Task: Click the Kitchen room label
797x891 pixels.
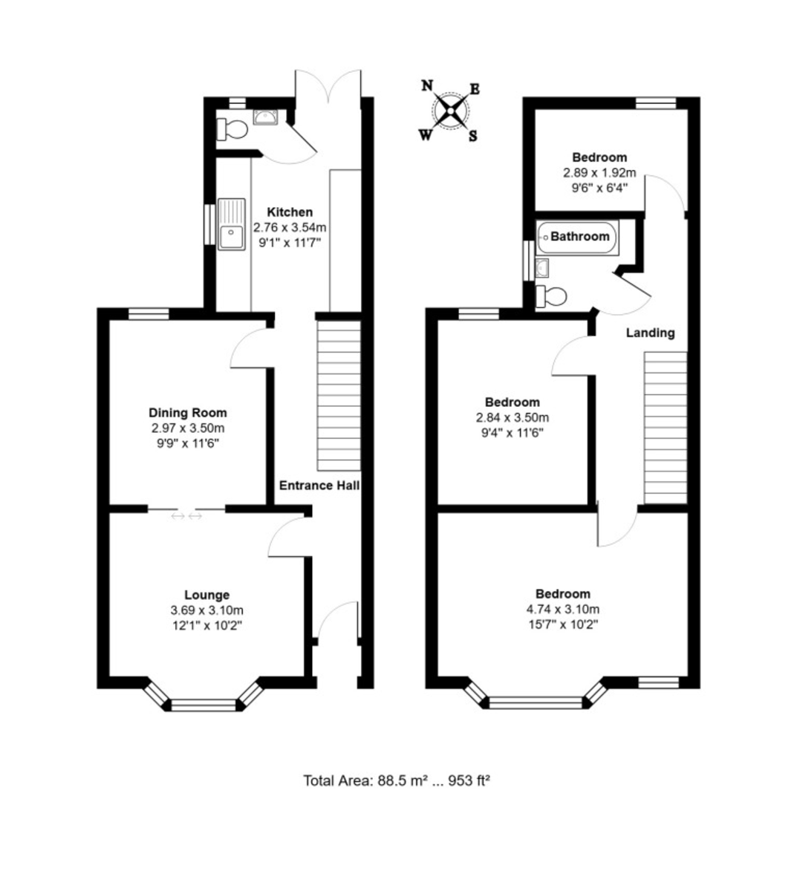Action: click(290, 212)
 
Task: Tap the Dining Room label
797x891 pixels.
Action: click(187, 413)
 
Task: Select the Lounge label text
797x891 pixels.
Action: click(206, 595)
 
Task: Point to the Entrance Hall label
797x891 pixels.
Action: click(319, 486)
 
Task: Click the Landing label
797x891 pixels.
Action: click(650, 333)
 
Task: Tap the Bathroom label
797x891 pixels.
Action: click(579, 237)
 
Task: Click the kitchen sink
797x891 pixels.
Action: click(232, 224)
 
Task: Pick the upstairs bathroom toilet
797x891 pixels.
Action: click(550, 296)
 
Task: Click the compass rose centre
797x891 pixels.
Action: click(450, 111)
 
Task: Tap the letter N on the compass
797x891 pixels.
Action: click(427, 85)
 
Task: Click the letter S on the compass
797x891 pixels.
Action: click(473, 136)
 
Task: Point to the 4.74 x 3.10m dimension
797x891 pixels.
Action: click(562, 609)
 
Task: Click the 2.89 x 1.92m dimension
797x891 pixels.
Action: click(599, 173)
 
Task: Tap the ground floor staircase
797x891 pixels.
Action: click(339, 396)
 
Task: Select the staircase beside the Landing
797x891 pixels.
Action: click(666, 428)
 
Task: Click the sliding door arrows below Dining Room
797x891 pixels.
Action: click(186, 516)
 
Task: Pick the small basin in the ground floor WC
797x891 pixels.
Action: click(265, 117)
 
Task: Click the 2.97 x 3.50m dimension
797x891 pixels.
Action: click(188, 428)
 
